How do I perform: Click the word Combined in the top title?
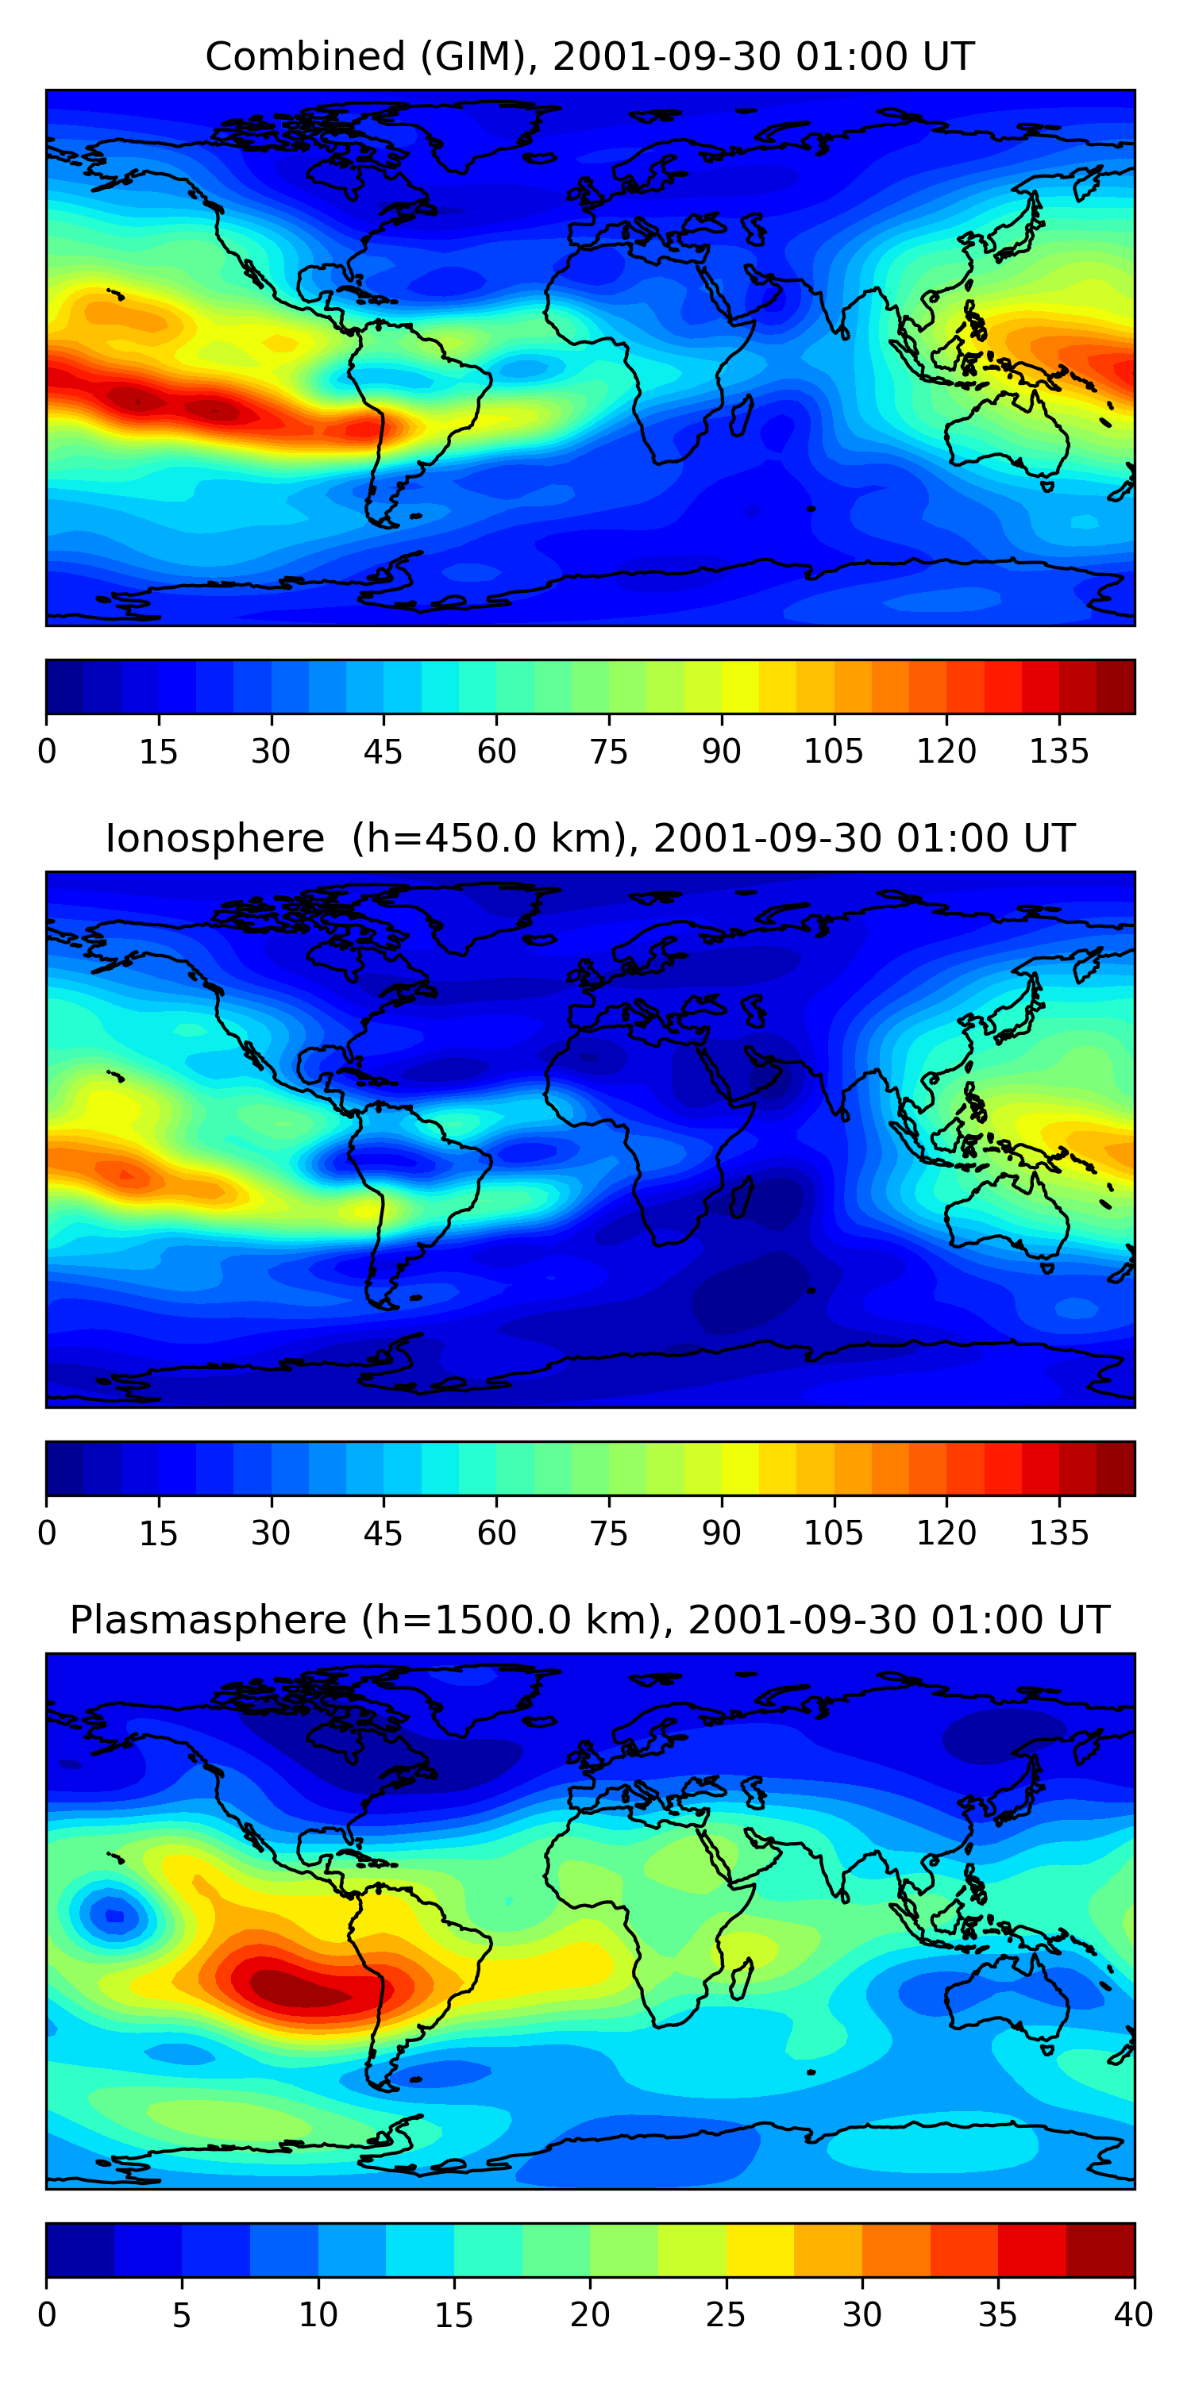point(305,57)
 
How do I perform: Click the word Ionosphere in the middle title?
point(214,838)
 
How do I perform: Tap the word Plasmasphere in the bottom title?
point(208,1621)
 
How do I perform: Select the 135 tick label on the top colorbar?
point(1058,752)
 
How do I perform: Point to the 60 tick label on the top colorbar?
point(496,752)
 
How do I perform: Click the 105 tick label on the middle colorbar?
point(833,1533)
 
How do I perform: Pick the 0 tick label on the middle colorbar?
point(47,1533)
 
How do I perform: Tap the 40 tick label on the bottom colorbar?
point(1133,2315)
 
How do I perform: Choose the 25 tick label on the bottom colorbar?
point(726,2315)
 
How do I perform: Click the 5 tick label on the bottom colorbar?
point(181,2315)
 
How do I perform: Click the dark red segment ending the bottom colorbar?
point(1100,2250)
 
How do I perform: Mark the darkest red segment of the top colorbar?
point(1116,687)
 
